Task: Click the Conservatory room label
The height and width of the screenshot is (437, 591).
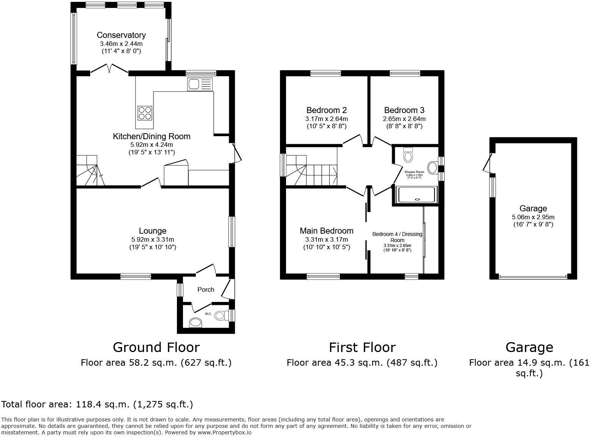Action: [121, 35]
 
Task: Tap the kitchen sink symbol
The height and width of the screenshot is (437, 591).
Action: [200, 84]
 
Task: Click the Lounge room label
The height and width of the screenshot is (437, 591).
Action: [152, 231]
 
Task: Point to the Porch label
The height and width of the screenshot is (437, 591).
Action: [206, 289]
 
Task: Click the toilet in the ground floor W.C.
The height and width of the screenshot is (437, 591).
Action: [221, 315]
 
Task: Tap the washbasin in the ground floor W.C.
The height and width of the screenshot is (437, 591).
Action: [195, 322]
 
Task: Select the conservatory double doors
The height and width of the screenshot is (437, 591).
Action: [109, 69]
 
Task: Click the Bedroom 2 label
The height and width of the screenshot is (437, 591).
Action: [326, 110]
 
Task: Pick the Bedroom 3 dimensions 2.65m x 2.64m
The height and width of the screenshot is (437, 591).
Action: [404, 119]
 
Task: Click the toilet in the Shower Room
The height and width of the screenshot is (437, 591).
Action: [408, 155]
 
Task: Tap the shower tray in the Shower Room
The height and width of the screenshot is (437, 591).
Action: [416, 194]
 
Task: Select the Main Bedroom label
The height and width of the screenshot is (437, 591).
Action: [326, 231]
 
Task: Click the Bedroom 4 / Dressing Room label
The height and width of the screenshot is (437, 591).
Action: [397, 237]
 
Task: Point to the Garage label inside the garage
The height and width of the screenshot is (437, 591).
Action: [533, 208]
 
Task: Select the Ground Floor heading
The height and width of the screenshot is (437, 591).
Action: [156, 347]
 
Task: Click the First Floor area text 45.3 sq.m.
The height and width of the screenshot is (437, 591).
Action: [362, 363]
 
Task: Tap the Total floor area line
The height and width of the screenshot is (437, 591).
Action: [97, 404]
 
